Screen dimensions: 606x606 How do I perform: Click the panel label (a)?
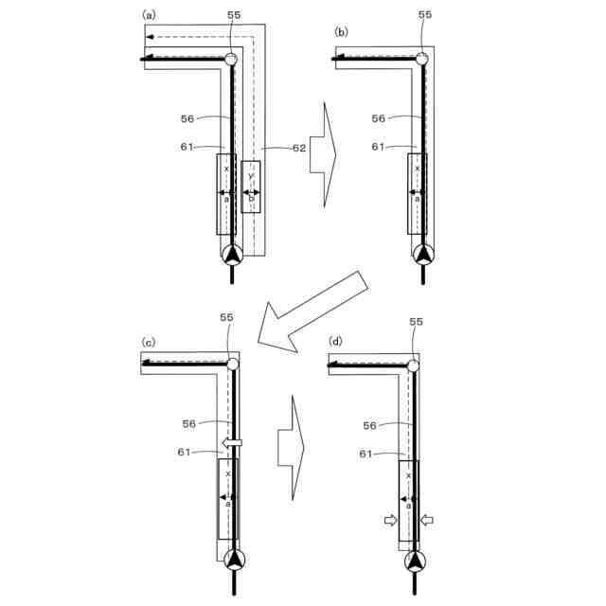coord(149,14)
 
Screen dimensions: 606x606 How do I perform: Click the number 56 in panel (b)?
coord(379,118)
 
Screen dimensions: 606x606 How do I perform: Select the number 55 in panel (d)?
coord(417,323)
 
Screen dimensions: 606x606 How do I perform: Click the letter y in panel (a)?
coord(250,175)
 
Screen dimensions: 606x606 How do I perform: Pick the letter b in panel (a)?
coord(250,198)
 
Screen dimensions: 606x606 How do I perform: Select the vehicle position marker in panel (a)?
coord(231,254)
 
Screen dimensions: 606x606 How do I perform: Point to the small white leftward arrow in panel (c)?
coord(231,442)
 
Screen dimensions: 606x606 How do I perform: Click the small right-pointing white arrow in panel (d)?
coord(389,519)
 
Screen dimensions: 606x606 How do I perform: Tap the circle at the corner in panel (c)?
coord(231,364)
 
